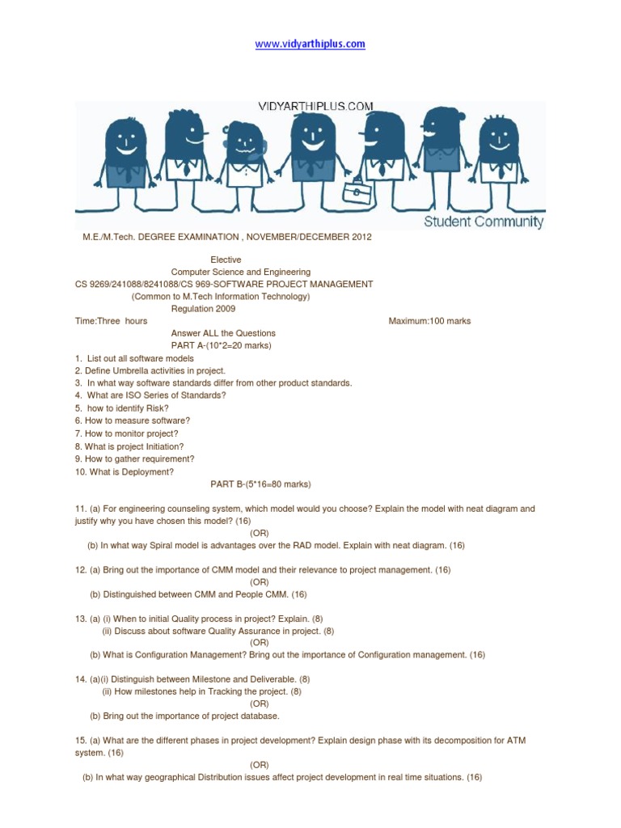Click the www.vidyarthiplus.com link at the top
tap(310, 44)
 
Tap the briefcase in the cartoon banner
tap(355, 192)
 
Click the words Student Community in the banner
tap(484, 222)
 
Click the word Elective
tap(226, 260)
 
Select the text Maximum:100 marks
tap(429, 321)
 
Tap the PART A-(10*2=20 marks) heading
tap(222, 345)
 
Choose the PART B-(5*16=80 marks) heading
tap(260, 484)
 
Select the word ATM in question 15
tap(522, 741)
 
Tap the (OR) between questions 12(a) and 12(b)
tap(260, 582)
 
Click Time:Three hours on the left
tap(112, 321)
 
